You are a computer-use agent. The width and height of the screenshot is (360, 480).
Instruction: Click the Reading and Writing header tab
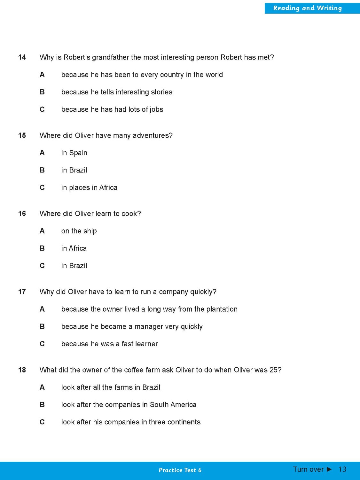pos(307,8)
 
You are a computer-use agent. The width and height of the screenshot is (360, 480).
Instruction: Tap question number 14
pos(22,57)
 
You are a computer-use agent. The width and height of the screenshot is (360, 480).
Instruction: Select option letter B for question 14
pos(42,92)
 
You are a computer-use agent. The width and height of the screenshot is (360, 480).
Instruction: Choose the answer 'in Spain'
pos(74,153)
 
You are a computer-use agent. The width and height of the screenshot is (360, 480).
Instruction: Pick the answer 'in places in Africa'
pos(89,188)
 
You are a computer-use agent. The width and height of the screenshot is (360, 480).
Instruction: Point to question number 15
pos(22,135)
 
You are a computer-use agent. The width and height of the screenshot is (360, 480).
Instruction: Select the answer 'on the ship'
pos(79,231)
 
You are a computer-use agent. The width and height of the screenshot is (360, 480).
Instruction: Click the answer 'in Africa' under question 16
pos(74,248)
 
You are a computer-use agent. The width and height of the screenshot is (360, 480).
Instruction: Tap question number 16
pos(22,213)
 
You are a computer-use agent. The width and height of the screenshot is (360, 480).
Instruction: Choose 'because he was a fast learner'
pos(109,344)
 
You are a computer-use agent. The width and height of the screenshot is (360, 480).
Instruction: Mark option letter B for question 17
pos(42,326)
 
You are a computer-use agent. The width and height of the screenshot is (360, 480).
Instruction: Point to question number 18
pos(22,370)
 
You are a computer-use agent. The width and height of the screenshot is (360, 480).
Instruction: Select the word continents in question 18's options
pos(184,422)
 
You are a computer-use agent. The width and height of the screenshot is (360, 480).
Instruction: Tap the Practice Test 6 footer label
pos(180,470)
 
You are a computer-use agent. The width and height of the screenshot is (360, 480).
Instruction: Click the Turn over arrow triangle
pos(329,469)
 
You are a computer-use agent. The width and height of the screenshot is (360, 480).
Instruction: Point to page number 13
pos(342,469)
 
